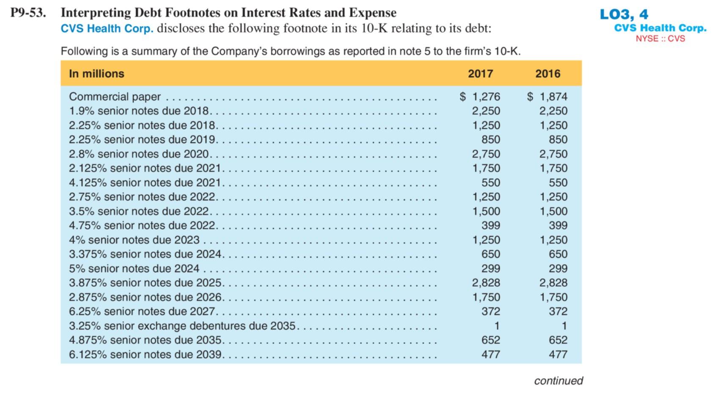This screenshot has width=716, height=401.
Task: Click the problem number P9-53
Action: (28, 13)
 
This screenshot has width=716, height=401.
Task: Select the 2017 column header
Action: (480, 74)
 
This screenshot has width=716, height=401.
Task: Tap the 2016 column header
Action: (548, 74)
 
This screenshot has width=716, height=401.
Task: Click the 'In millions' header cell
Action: (96, 74)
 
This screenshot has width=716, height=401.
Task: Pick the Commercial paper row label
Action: (115, 97)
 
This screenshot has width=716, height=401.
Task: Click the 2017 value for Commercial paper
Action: (480, 97)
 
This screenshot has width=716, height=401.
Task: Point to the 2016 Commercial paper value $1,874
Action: (548, 97)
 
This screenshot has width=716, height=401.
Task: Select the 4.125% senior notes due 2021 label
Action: (145, 183)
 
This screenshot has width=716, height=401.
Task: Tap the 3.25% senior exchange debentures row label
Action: (182, 326)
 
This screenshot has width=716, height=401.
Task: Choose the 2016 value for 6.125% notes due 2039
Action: (558, 354)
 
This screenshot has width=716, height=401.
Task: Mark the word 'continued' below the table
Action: (558, 381)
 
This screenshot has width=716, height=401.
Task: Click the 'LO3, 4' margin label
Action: (624, 14)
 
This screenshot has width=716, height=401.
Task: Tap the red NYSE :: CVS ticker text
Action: (660, 39)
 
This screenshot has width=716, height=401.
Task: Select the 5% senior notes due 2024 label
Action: (134, 268)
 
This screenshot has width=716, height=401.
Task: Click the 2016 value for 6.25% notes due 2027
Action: (558, 312)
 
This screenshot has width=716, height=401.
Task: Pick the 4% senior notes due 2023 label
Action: (134, 240)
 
